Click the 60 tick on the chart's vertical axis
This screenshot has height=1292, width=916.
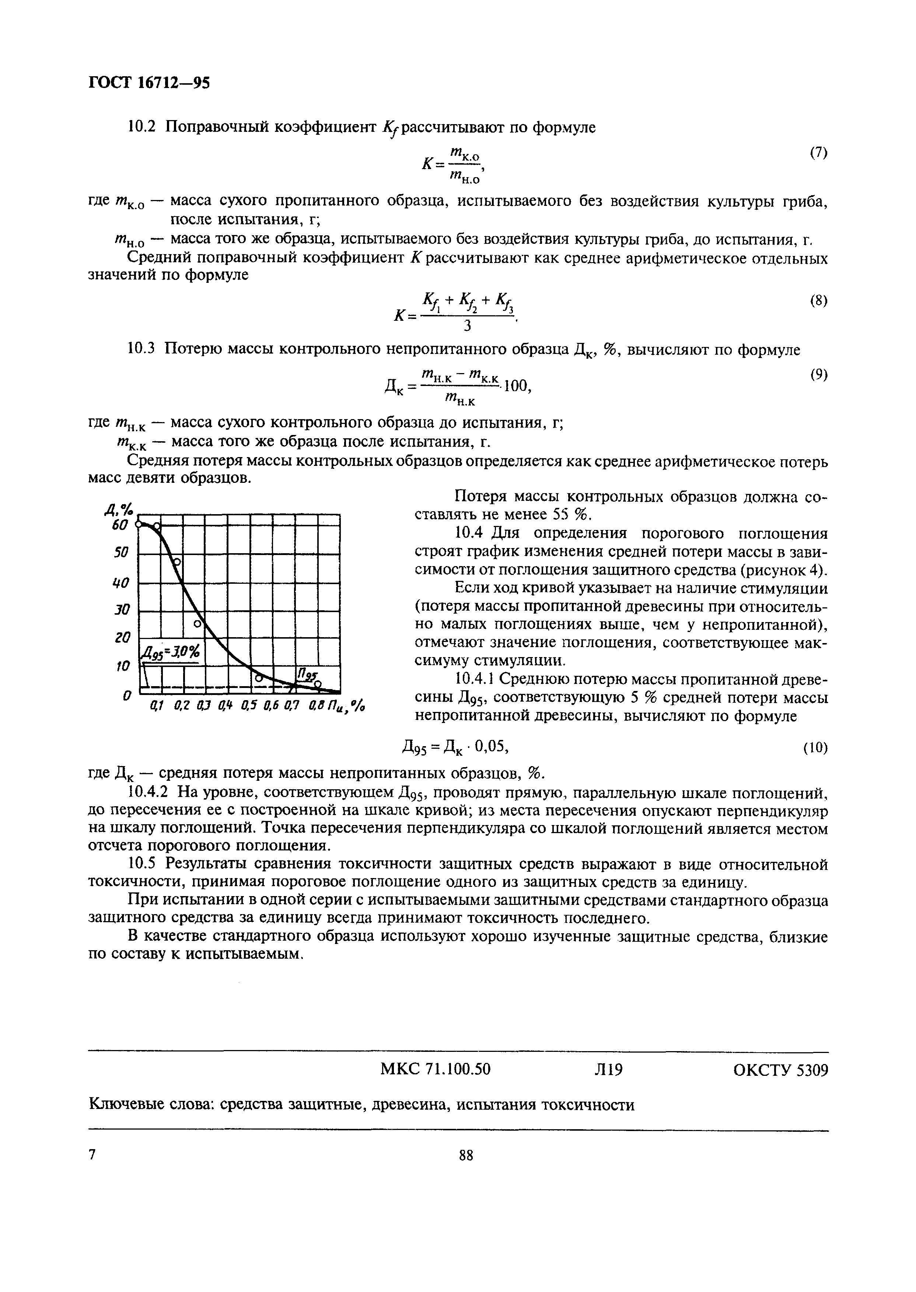point(120,525)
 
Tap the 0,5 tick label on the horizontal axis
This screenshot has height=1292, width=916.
point(248,705)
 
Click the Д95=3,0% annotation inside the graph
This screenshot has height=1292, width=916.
point(171,653)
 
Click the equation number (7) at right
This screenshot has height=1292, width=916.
point(818,153)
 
